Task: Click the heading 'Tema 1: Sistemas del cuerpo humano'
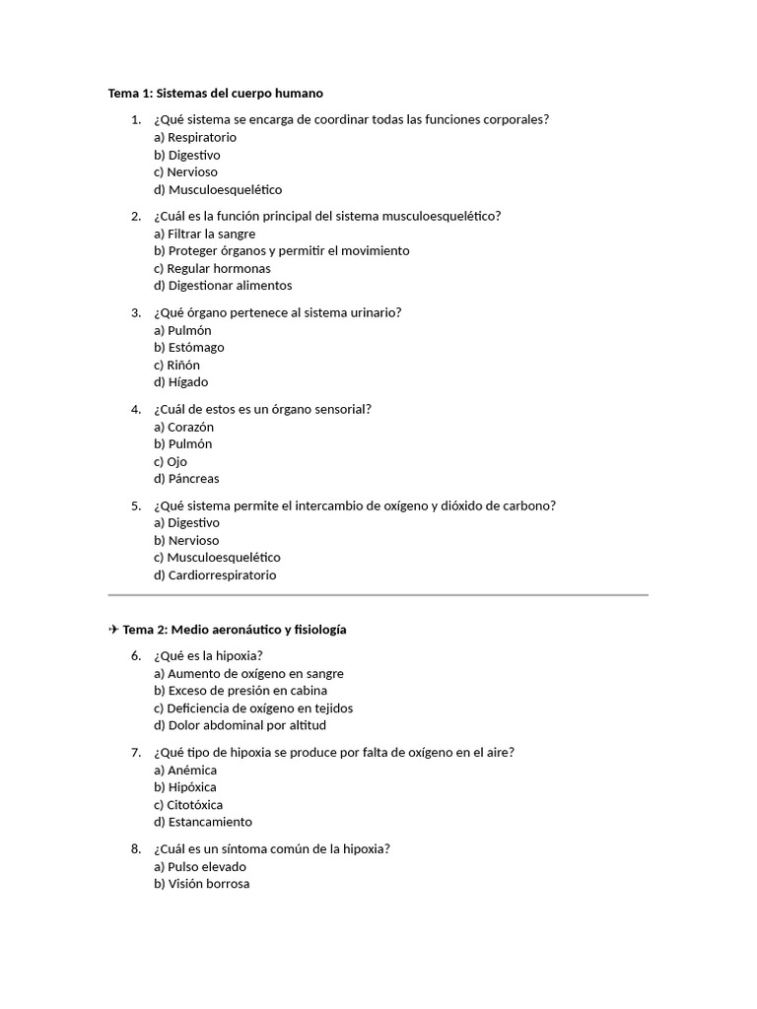pyautogui.click(x=215, y=94)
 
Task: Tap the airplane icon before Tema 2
pyautogui.click(x=113, y=630)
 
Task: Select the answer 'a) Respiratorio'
pyautogui.click(x=195, y=138)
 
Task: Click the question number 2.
pyautogui.click(x=136, y=216)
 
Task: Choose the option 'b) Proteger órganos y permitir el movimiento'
pyautogui.click(x=281, y=251)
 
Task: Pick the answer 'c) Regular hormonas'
pyautogui.click(x=212, y=268)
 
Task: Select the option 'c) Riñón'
pyautogui.click(x=176, y=365)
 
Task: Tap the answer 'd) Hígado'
pyautogui.click(x=180, y=382)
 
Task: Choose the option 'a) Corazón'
pyautogui.click(x=183, y=428)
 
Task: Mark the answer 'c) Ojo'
pyautogui.click(x=171, y=461)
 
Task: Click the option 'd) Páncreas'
pyautogui.click(x=186, y=479)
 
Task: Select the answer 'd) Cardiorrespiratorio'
pyautogui.click(x=215, y=575)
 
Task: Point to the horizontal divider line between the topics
pyautogui.click(x=378, y=595)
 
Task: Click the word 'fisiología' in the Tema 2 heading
pyautogui.click(x=315, y=630)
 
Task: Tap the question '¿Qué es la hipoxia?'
pyautogui.click(x=208, y=656)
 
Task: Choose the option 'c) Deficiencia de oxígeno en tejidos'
pyautogui.click(x=253, y=708)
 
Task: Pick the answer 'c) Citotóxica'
pyautogui.click(x=188, y=805)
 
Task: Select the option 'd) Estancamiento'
pyautogui.click(x=203, y=822)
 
